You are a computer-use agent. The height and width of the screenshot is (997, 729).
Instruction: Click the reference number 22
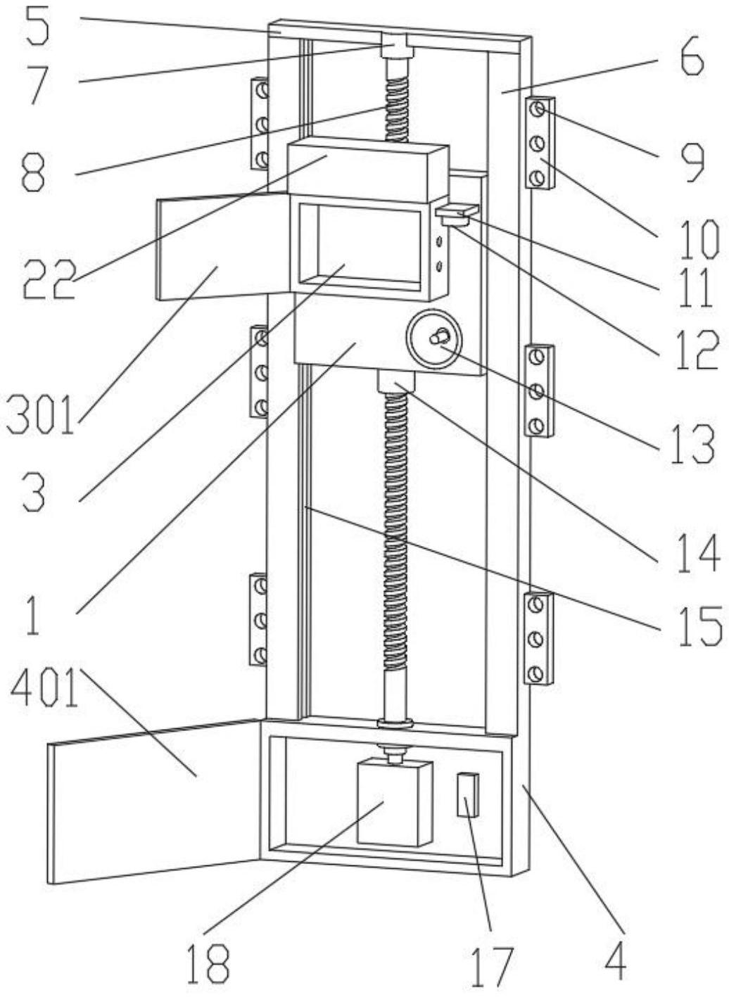click(x=48, y=279)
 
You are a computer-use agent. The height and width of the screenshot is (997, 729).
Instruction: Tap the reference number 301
click(x=40, y=415)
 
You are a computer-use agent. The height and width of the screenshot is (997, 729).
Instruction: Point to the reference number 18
click(x=208, y=964)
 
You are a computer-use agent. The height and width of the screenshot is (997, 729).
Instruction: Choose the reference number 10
click(x=699, y=237)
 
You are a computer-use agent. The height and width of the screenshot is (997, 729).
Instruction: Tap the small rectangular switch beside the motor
click(x=467, y=794)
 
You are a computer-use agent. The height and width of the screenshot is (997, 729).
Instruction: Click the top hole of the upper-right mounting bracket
click(x=538, y=110)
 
